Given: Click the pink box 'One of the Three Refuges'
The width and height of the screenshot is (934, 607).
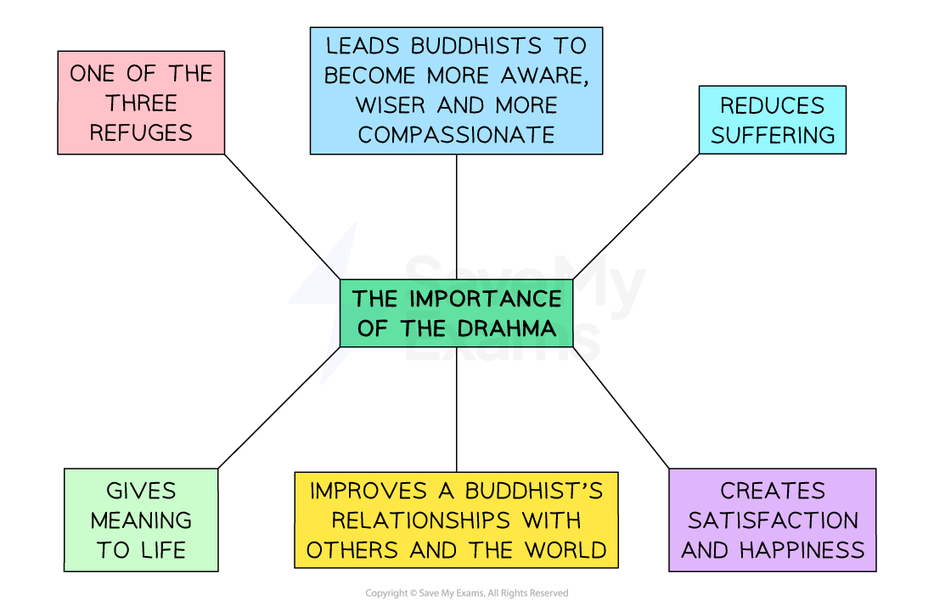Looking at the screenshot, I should pyautogui.click(x=141, y=103).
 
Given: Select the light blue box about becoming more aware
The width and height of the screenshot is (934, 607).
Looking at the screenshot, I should pyautogui.click(x=456, y=91).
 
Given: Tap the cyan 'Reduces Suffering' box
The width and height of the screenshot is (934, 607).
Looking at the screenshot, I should pyautogui.click(x=772, y=121).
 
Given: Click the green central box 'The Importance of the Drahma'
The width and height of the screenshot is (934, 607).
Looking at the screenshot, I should pyautogui.click(x=456, y=313).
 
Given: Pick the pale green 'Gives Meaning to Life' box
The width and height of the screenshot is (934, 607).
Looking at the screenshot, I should pyautogui.click(x=141, y=520).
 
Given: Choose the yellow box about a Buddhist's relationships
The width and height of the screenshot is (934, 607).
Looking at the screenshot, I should pyautogui.click(x=456, y=520).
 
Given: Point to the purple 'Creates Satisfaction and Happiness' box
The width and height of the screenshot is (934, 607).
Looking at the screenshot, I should pyautogui.click(x=772, y=520).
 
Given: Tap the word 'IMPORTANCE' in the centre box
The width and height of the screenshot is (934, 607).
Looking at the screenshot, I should pyautogui.click(x=486, y=299).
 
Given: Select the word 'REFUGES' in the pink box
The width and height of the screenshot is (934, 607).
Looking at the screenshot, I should pyautogui.click(x=141, y=133).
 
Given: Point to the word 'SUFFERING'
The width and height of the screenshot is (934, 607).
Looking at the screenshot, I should pyautogui.click(x=773, y=136).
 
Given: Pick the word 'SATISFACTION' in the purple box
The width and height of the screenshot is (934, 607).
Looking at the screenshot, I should pyautogui.click(x=773, y=520).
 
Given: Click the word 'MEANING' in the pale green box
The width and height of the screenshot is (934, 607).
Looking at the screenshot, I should pyautogui.click(x=141, y=520).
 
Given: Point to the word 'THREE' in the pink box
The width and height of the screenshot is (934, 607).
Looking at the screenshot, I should pyautogui.click(x=141, y=104).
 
